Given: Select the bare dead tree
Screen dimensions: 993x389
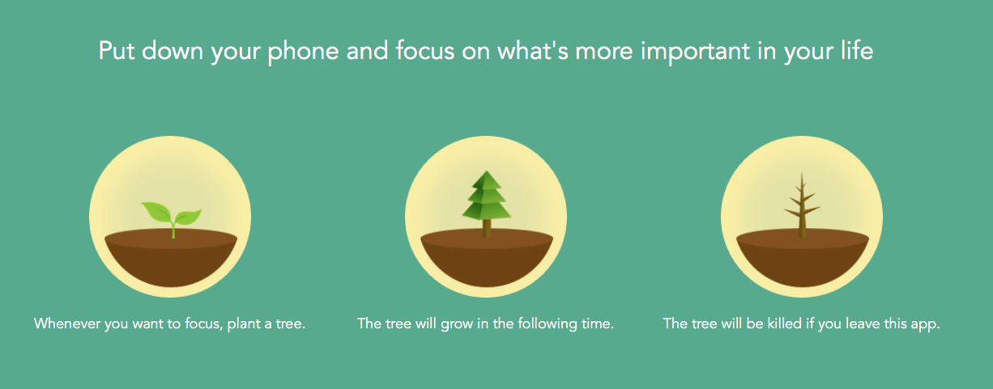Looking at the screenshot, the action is [x=802, y=205].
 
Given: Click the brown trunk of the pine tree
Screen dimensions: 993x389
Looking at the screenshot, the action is [x=487, y=228].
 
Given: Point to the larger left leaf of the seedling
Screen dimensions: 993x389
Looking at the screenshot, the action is [x=156, y=213].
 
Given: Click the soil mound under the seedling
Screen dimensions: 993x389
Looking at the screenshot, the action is [x=171, y=258].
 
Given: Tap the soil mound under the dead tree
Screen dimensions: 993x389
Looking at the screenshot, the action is [x=803, y=258].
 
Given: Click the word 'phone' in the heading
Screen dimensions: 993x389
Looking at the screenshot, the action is [x=303, y=51].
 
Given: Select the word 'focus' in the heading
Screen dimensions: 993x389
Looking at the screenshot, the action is [x=424, y=50].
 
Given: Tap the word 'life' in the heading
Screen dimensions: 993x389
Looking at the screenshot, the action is [x=858, y=50].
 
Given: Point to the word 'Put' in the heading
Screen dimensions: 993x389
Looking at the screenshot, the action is [x=117, y=50].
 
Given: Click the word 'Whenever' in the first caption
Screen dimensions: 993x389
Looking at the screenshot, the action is [x=67, y=323].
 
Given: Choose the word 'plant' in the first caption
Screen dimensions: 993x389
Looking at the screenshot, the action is [x=244, y=324].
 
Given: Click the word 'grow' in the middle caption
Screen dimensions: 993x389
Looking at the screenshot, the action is [x=457, y=324].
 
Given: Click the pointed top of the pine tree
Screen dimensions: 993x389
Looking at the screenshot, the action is [x=487, y=171].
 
